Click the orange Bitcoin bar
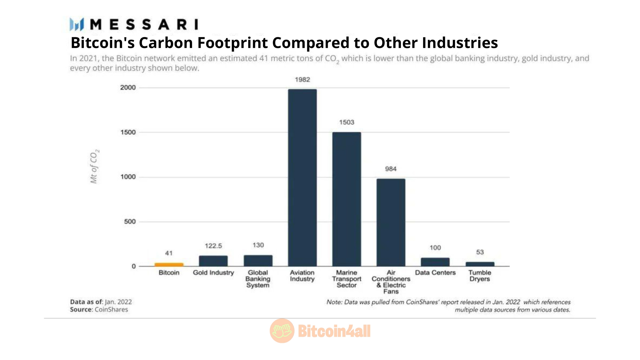point(169,264)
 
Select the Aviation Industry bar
point(302,178)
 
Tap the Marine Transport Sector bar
point(347,199)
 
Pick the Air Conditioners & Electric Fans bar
point(391,222)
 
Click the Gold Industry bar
point(213,261)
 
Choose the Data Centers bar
point(435,262)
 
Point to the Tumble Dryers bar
point(480,264)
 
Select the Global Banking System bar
point(258,261)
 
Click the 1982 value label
point(302,80)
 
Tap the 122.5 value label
point(213,246)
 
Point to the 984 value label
point(391,169)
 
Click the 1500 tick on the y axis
point(128,132)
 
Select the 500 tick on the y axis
point(130,222)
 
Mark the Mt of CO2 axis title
point(94,166)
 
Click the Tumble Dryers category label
point(480,276)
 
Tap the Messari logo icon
point(77,24)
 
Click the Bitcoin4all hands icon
point(282,331)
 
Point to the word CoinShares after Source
point(111,309)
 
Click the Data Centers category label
point(435,273)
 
